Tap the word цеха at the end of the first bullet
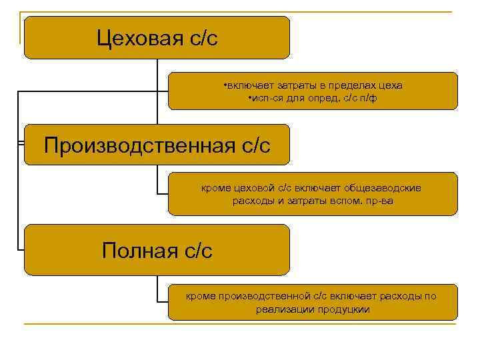point(389,85)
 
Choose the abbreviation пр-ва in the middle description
point(379,201)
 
